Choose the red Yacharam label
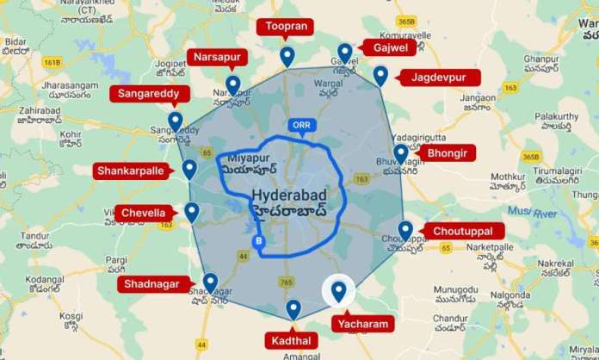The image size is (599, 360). click(x=362, y=325)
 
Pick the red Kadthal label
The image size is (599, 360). click(x=293, y=340)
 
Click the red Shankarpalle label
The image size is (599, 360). click(x=128, y=171)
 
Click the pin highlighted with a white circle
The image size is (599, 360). click(x=338, y=293)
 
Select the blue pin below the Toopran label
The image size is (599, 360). click(x=287, y=56)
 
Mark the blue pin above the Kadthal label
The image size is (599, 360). click(x=293, y=309)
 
